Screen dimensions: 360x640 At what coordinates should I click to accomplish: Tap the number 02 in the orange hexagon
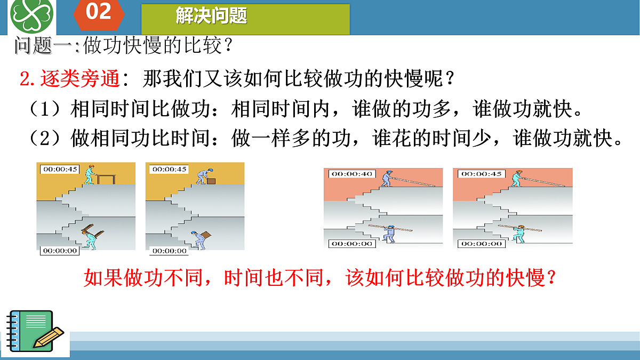pyautogui.click(x=99, y=12)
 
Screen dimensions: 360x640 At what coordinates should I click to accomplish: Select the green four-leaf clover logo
pyautogui.click(x=33, y=15)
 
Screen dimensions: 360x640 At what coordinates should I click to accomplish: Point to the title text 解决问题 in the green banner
pyautogui.click(x=211, y=16)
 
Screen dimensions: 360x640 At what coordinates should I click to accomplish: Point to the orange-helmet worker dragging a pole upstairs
pyautogui.click(x=516, y=179)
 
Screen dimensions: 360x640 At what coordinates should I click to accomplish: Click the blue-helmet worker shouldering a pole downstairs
pyautogui.click(x=390, y=233)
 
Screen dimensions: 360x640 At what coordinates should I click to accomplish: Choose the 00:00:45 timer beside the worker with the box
pyautogui.click(x=169, y=169)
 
